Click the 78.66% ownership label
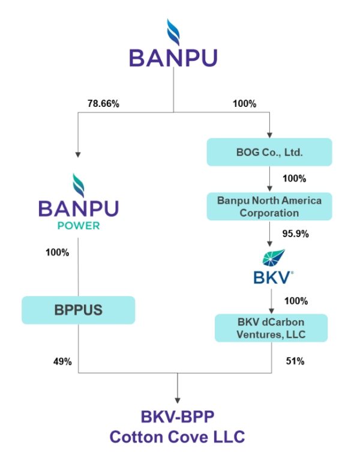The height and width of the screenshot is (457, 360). [x=103, y=103]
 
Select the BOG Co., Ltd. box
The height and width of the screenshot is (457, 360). [x=269, y=152]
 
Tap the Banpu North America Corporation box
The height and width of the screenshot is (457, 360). [x=269, y=206]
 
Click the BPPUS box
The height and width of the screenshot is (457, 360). [x=78, y=311]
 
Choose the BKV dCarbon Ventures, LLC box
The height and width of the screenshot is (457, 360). [x=271, y=328]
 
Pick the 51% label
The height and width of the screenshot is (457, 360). [x=295, y=362]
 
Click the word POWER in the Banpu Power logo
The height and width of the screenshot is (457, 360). [x=78, y=228]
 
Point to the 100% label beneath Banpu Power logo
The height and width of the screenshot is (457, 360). [x=57, y=252]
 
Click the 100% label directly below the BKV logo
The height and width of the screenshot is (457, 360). [x=295, y=300]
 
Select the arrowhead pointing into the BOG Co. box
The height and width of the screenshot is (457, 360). [x=269, y=134]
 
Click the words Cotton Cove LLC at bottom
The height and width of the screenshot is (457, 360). [x=178, y=437]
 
